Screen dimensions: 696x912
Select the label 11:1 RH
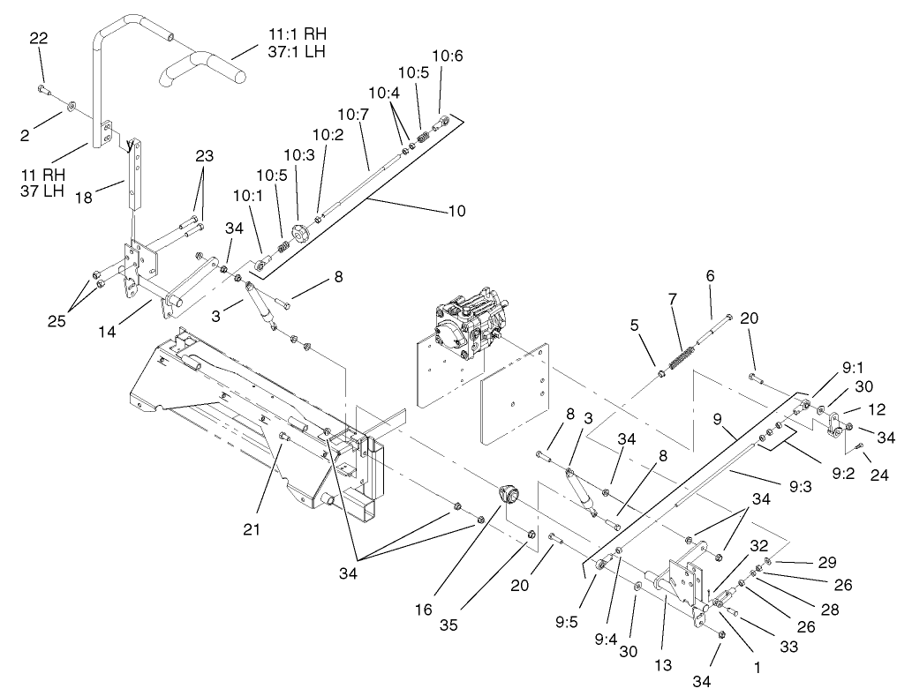(x=297, y=34)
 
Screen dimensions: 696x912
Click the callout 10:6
(x=448, y=56)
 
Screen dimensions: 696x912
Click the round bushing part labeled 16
(x=510, y=496)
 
